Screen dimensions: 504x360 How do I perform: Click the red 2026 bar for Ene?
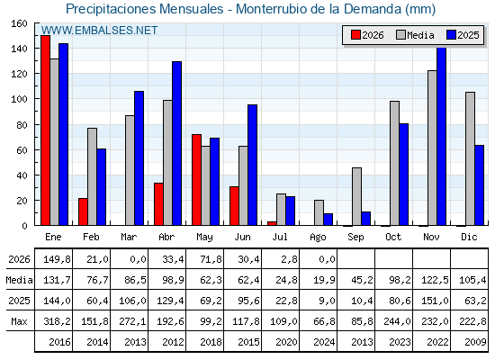pos(45,130)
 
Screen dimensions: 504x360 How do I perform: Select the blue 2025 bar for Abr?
pos(176,143)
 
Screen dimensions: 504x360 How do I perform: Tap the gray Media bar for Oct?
pos(394,163)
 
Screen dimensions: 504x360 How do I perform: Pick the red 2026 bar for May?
pos(196,180)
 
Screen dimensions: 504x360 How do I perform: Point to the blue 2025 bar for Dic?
pos(479,185)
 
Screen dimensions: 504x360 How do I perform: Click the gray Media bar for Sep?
pos(356,196)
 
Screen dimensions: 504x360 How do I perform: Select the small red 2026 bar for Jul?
pos(272,223)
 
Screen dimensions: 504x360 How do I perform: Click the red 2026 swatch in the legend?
pos(355,35)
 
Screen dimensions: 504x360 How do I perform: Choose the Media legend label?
pos(420,35)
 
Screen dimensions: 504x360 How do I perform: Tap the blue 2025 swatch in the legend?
pos(451,35)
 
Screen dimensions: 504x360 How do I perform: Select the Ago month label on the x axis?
pos(318,238)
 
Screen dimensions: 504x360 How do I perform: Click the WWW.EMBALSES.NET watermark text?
pos(99,31)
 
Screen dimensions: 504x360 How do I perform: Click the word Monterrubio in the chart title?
pos(271,9)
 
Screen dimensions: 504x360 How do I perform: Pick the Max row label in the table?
pos(19,321)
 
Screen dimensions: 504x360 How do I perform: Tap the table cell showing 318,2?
pos(58,321)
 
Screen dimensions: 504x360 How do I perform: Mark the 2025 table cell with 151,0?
pos(435,301)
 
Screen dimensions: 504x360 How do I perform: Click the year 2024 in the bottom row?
pos(324,342)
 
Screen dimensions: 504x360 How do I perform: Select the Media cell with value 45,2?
pos(362,280)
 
